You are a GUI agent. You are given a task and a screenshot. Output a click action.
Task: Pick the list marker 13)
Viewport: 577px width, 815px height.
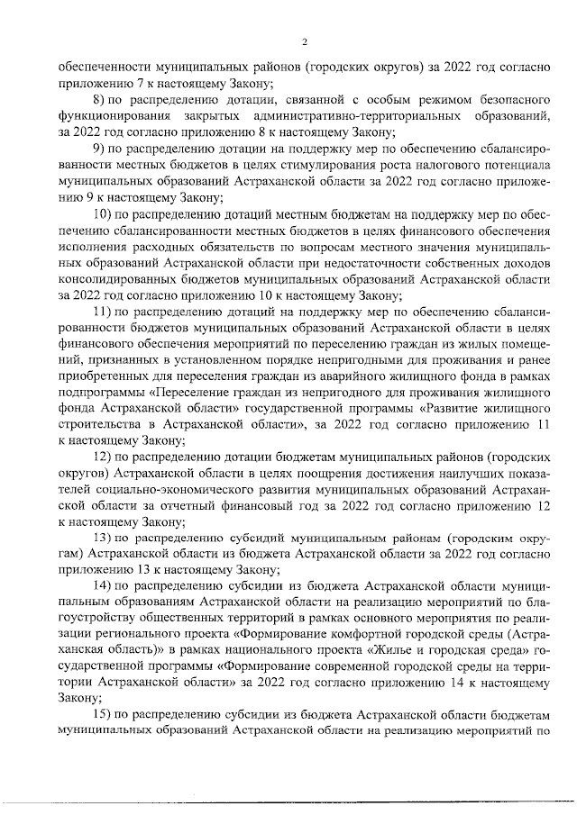tap(104, 538)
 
